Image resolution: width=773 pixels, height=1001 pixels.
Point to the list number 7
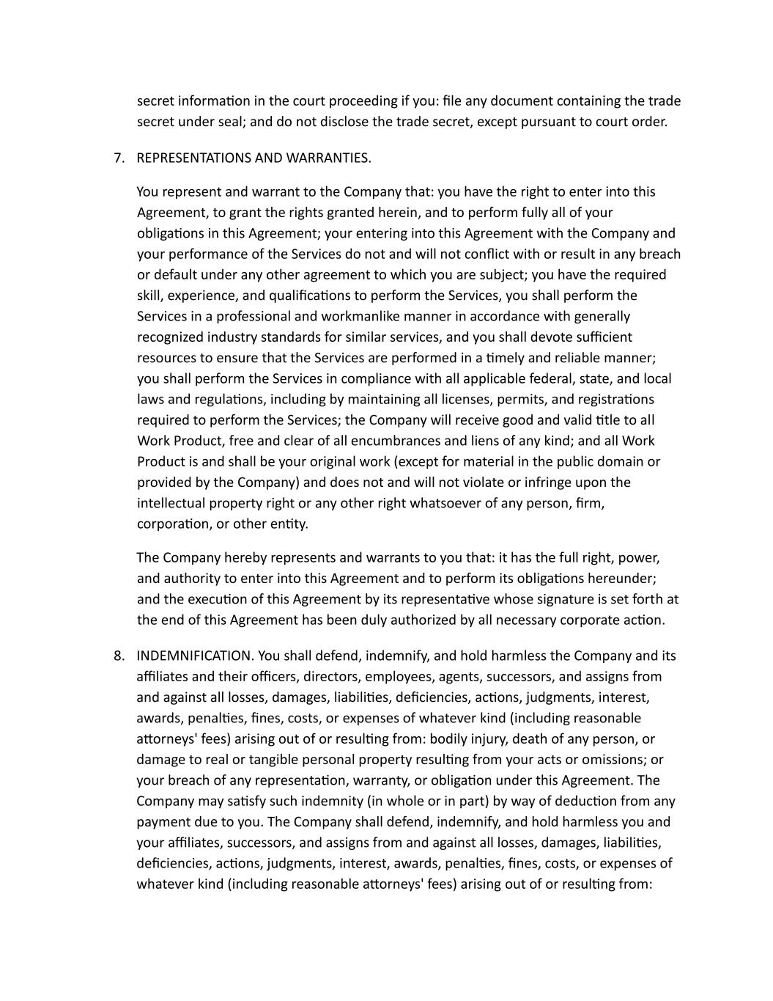click(119, 158)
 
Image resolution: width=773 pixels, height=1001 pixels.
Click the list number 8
click(119, 656)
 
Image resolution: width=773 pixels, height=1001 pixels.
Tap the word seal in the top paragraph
click(230, 122)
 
